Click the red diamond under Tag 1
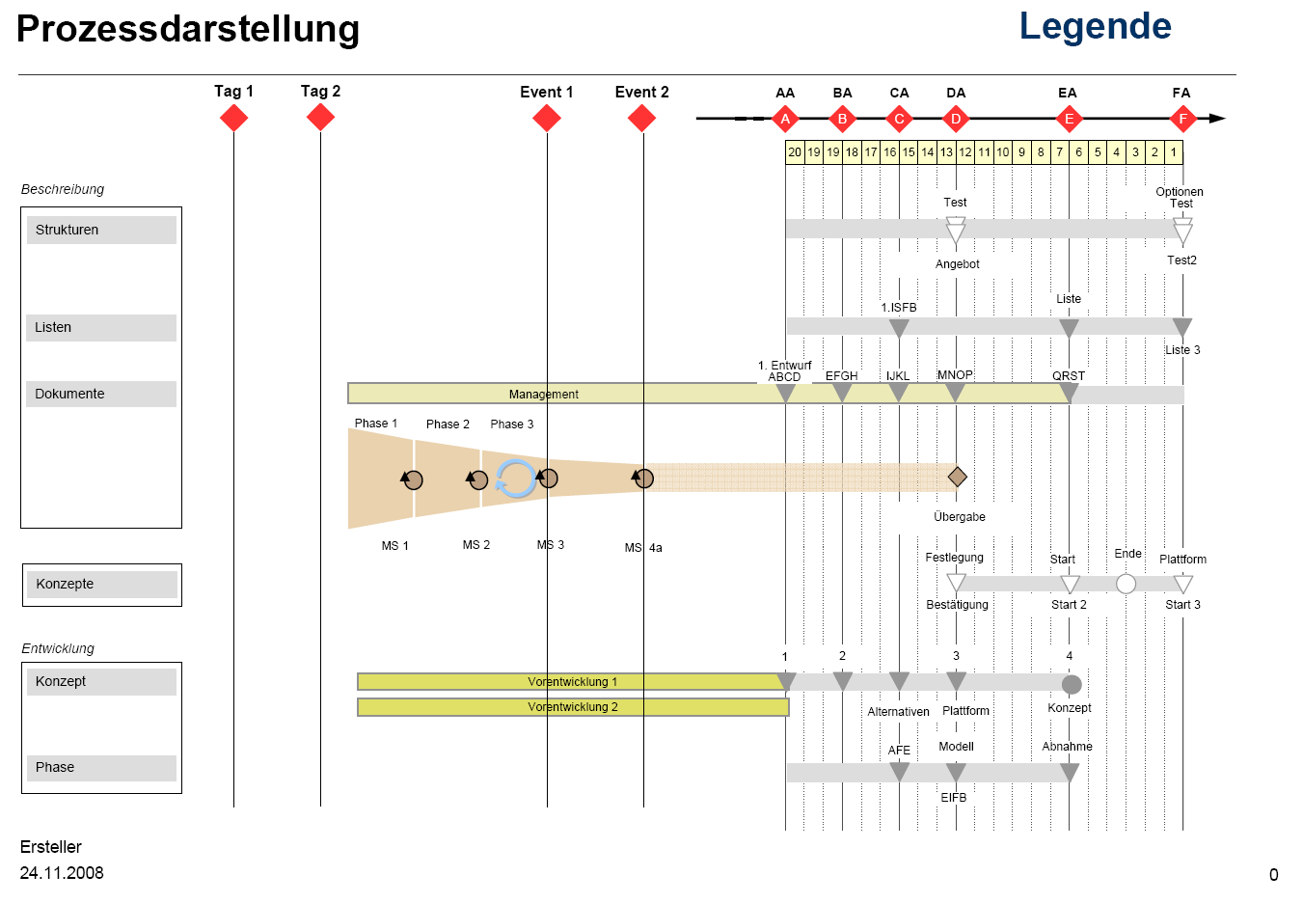pyautogui.click(x=233, y=118)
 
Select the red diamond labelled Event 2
pyautogui.click(x=641, y=119)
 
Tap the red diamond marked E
pyautogui.click(x=1068, y=119)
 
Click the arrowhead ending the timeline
pyautogui.click(x=1217, y=119)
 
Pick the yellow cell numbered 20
pyautogui.click(x=795, y=152)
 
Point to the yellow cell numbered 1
pyautogui.click(x=1174, y=152)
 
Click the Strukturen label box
pyautogui.click(x=101, y=230)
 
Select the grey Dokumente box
pyautogui.click(x=101, y=394)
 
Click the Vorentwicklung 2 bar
pyautogui.click(x=573, y=707)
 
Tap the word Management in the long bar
pyautogui.click(x=544, y=395)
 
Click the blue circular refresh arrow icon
pyautogui.click(x=516, y=479)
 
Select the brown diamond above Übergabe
pyautogui.click(x=957, y=477)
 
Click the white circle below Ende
pyautogui.click(x=1126, y=584)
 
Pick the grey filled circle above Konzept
pyautogui.click(x=1071, y=685)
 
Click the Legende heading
pyautogui.click(x=1095, y=26)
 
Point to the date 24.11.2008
pyautogui.click(x=62, y=873)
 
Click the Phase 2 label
pyautogui.click(x=448, y=424)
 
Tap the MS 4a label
pyautogui.click(x=643, y=548)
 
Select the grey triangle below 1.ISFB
pyautogui.click(x=899, y=328)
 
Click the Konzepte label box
pyautogui.click(x=101, y=585)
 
